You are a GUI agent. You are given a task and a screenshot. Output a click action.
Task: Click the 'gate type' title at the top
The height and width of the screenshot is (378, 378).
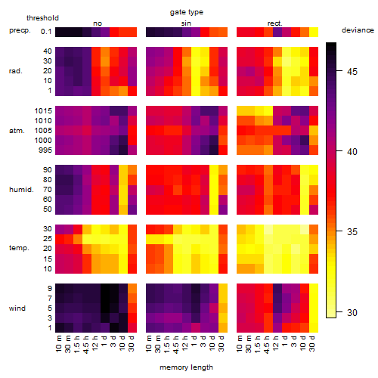[x=187, y=12]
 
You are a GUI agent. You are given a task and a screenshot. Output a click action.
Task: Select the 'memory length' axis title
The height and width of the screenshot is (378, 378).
[x=186, y=367]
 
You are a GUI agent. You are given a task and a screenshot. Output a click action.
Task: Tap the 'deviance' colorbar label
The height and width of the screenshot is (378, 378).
[x=358, y=30]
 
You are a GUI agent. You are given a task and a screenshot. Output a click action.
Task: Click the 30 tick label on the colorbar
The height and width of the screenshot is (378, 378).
[x=352, y=312]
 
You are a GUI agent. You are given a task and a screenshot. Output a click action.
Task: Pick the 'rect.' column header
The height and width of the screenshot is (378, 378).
[x=274, y=23]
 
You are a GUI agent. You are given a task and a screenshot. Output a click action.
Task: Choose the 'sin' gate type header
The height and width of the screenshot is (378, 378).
[x=186, y=23]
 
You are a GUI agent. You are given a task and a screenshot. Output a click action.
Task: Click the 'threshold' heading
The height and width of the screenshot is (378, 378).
[x=42, y=18]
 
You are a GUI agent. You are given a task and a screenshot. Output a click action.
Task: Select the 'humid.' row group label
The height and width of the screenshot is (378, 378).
[x=21, y=190]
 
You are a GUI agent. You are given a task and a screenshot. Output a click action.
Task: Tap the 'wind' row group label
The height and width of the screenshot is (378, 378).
[x=17, y=308]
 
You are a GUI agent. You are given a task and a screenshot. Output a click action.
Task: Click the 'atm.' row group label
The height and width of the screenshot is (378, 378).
[x=17, y=131]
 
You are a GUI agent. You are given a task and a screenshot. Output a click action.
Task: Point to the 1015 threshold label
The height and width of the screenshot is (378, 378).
[x=43, y=111]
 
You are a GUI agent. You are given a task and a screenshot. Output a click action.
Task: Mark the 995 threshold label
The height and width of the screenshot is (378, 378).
[x=45, y=150]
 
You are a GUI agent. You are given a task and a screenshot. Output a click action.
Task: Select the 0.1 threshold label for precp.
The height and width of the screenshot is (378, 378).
[x=46, y=32]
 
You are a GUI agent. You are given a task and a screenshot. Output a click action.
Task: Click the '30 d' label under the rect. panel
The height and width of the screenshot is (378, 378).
[x=312, y=343]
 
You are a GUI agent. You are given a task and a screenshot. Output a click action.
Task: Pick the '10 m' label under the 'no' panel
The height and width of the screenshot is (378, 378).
[x=58, y=344]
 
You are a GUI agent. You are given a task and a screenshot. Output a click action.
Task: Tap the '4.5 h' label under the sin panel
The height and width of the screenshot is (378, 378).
[x=176, y=345]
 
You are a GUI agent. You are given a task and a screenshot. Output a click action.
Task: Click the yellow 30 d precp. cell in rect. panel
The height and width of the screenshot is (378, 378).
[x=314, y=32]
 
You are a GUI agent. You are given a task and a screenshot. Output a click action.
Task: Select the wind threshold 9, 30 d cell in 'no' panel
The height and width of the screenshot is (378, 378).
[x=132, y=289]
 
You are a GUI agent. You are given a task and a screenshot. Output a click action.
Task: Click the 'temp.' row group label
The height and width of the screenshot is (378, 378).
[x=19, y=248]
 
